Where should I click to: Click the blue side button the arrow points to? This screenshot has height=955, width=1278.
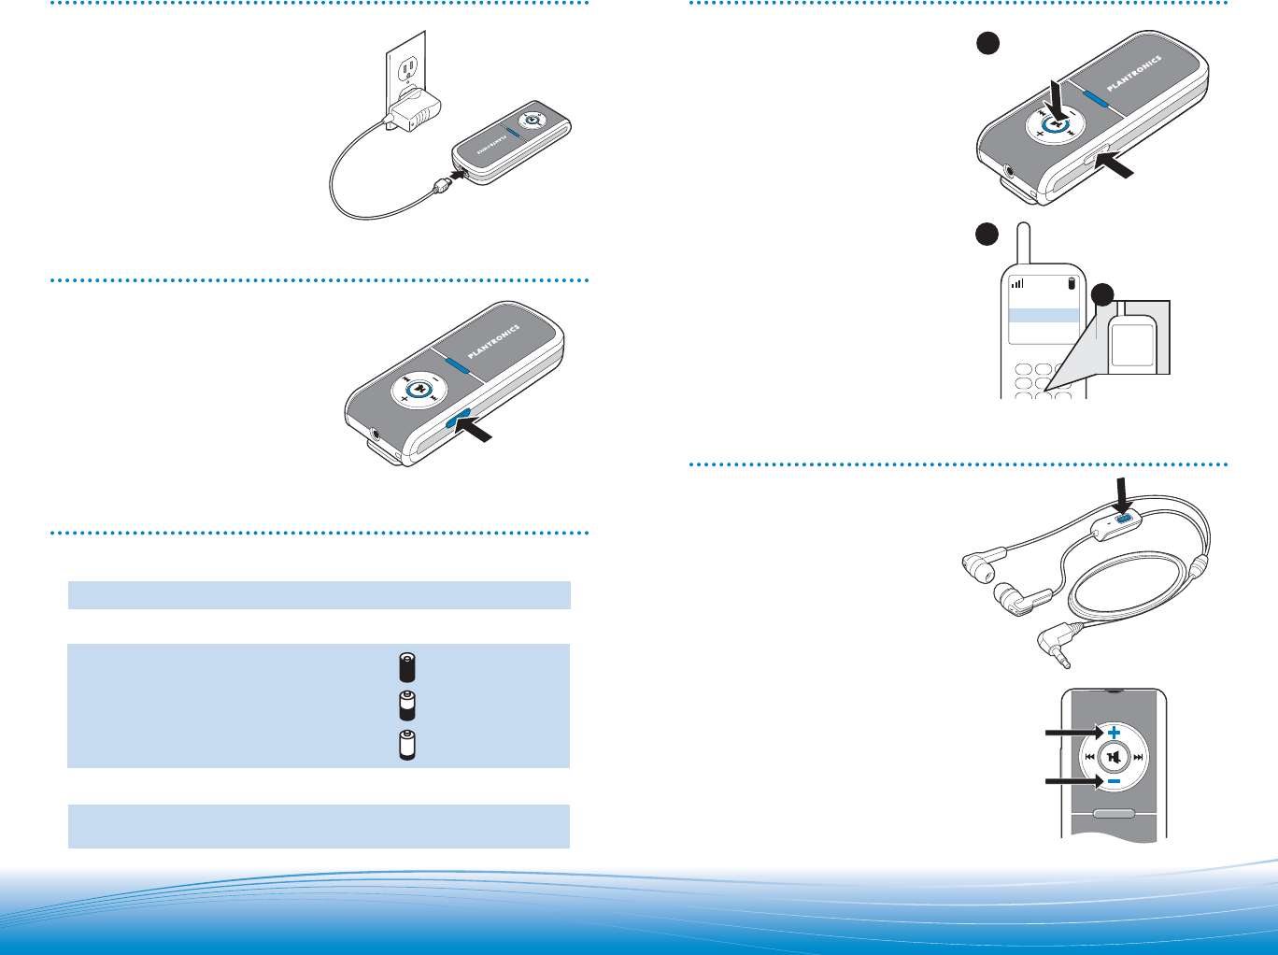click(x=458, y=421)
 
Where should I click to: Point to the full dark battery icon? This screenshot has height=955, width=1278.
click(x=406, y=667)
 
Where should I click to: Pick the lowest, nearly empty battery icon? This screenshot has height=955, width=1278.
click(x=406, y=745)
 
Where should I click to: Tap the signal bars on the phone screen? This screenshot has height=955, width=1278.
click(x=1018, y=283)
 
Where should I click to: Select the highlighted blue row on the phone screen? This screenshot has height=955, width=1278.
click(x=1044, y=316)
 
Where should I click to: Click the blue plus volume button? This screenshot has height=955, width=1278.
click(x=1114, y=733)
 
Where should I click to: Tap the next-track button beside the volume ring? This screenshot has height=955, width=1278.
click(x=1137, y=757)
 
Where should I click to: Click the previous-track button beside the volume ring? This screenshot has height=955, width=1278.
click(x=1090, y=757)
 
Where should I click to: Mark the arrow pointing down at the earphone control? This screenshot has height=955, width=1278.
click(x=1122, y=492)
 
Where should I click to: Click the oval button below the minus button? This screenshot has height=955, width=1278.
click(x=1114, y=813)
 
